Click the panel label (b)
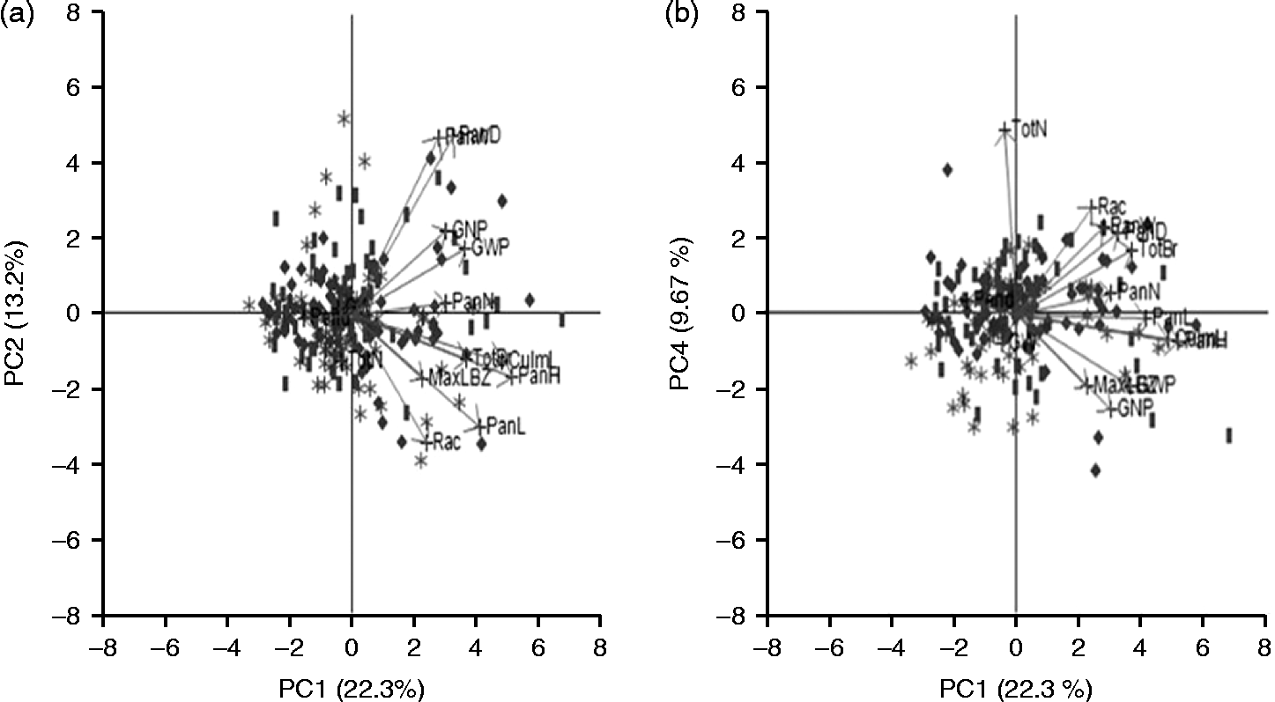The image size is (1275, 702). click(681, 15)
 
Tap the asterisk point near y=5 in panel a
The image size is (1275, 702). click(344, 118)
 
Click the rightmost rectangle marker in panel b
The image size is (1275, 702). click(1229, 435)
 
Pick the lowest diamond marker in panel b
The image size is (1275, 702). click(1095, 470)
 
